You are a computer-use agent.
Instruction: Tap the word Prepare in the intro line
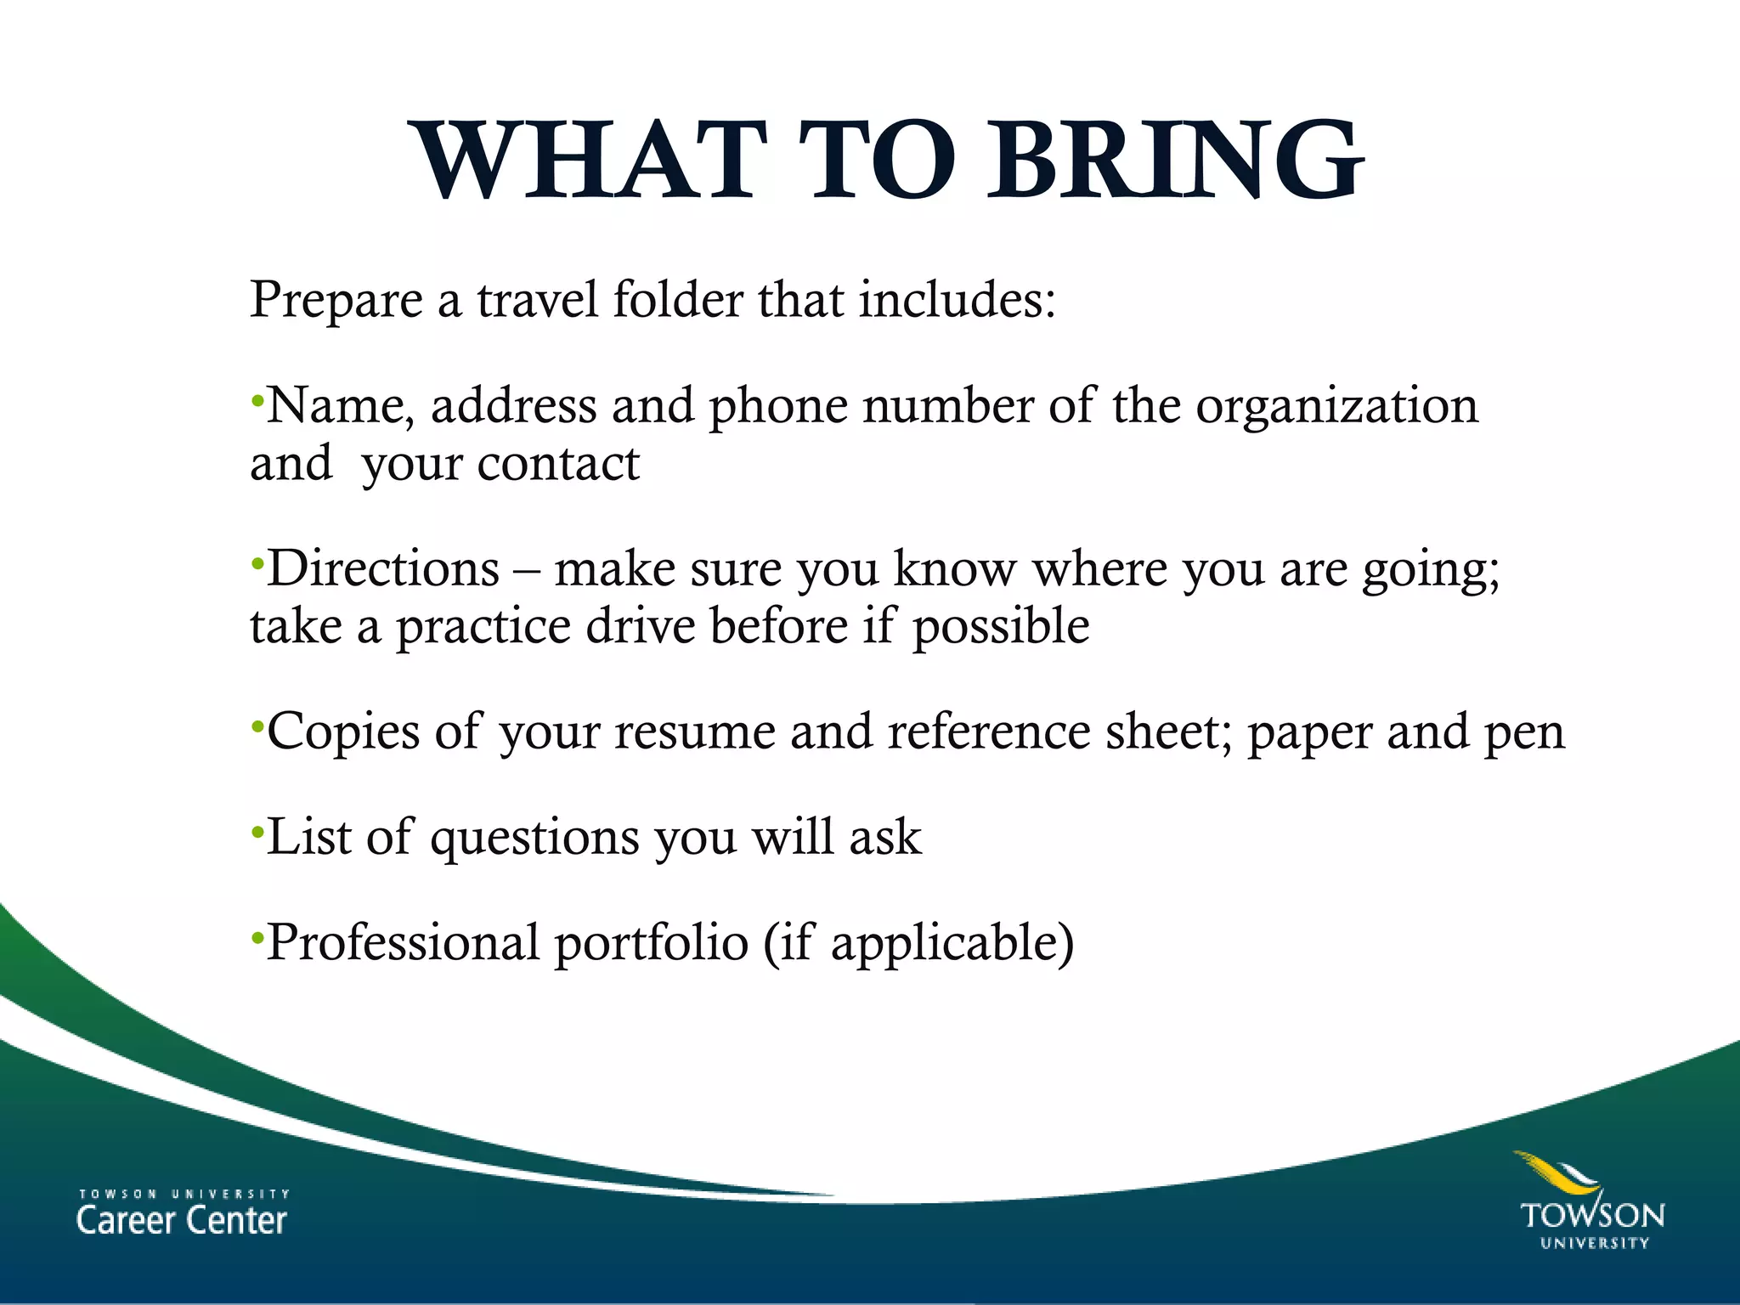[x=336, y=301]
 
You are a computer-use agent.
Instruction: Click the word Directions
[x=383, y=568]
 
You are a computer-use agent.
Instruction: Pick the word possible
[x=1001, y=628]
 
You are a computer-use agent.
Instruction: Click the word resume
[x=695, y=732]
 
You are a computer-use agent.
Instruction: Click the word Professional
[x=403, y=942]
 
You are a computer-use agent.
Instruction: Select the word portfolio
[x=651, y=944]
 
